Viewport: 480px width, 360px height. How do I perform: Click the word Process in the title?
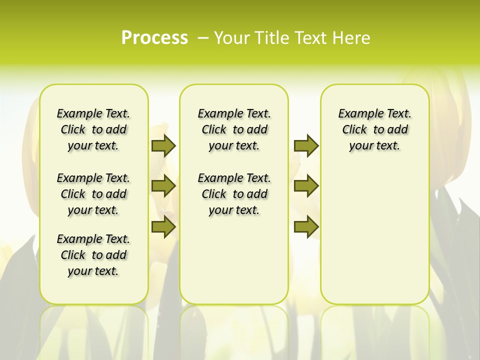pyautogui.click(x=154, y=38)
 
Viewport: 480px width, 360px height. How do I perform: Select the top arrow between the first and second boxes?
pyautogui.click(x=163, y=146)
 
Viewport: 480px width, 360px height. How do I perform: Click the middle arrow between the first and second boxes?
pyautogui.click(x=163, y=186)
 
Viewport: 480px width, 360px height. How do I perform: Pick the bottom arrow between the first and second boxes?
pyautogui.click(x=163, y=227)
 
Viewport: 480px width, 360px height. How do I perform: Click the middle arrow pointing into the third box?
pyautogui.click(x=306, y=186)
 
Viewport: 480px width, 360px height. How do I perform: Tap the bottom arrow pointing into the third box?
pyautogui.click(x=306, y=227)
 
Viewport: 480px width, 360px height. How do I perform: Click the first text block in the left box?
pyautogui.click(x=93, y=129)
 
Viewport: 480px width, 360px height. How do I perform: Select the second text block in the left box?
pyautogui.click(x=93, y=194)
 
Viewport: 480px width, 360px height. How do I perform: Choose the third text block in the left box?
pyautogui.click(x=93, y=255)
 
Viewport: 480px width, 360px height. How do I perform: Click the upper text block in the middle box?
pyautogui.click(x=234, y=129)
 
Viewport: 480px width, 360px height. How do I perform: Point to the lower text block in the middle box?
pyautogui.click(x=234, y=194)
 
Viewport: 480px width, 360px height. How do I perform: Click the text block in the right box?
pyautogui.click(x=374, y=129)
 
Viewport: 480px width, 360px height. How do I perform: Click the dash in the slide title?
pyautogui.click(x=203, y=38)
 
